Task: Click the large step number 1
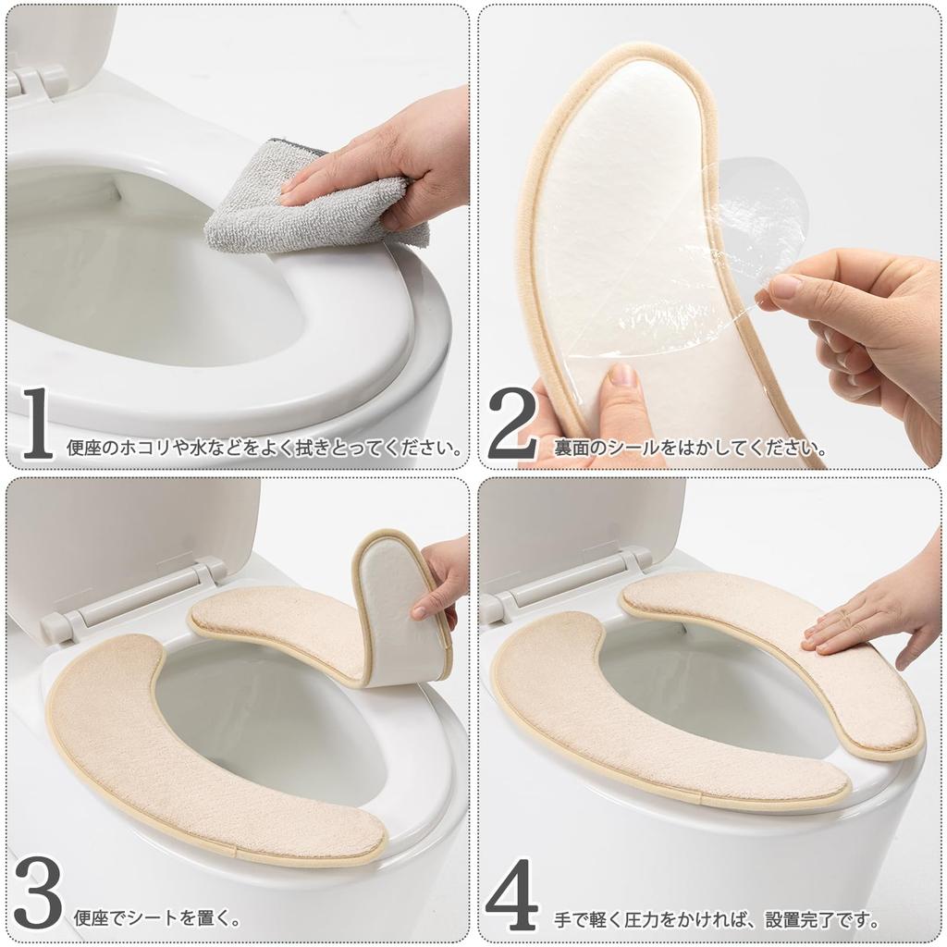pos(37,424)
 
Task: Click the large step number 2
pos(511,424)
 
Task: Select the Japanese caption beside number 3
pos(157,918)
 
